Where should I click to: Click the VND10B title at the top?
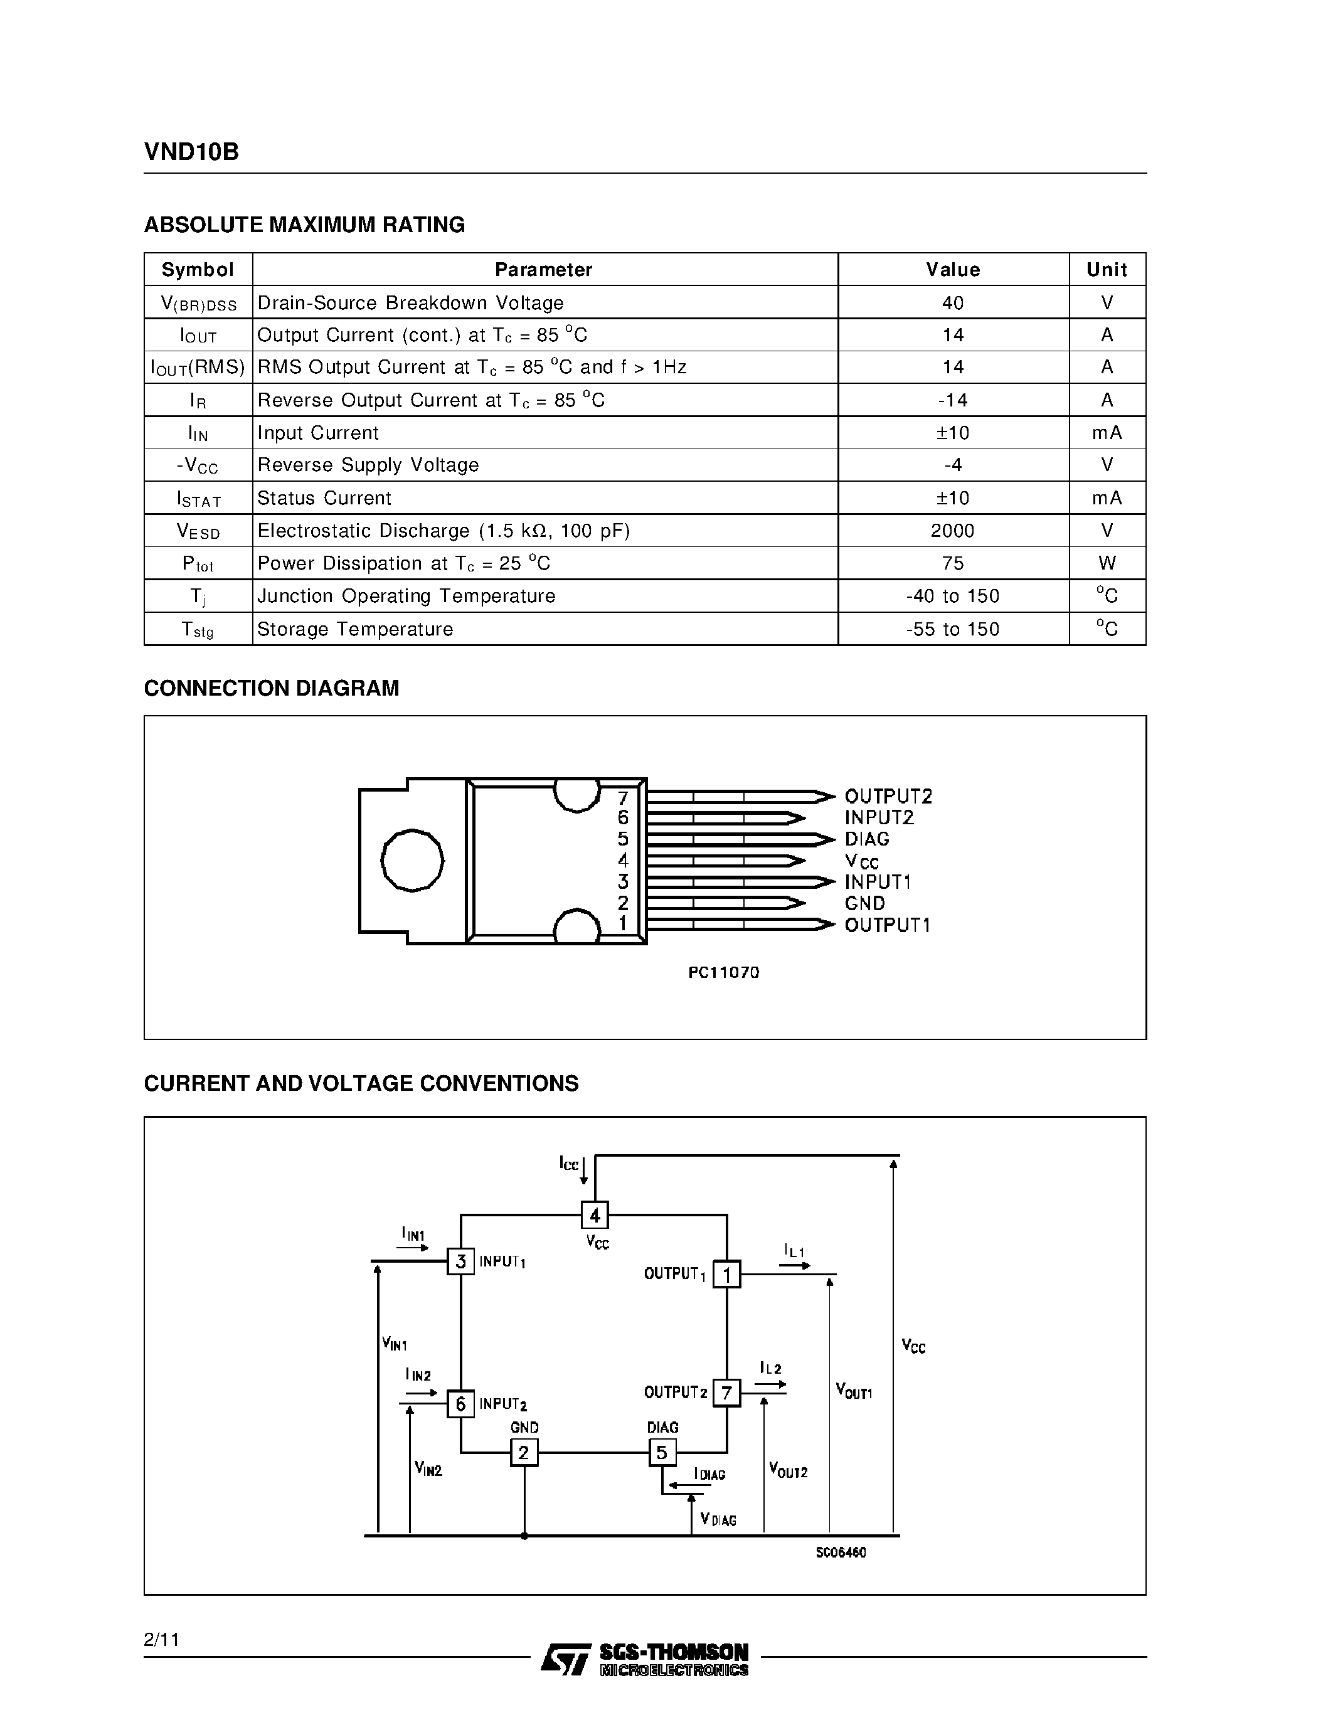(x=191, y=152)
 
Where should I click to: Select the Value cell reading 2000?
(x=952, y=531)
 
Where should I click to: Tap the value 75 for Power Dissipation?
(x=952, y=563)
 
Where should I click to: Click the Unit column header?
(x=1107, y=269)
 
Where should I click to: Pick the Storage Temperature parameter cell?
(x=355, y=630)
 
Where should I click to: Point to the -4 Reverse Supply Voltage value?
(x=952, y=465)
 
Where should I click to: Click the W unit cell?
(x=1107, y=563)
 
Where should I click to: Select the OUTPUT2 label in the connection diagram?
(x=888, y=796)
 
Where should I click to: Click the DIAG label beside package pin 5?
(x=867, y=839)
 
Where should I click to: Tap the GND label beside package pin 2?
(x=864, y=903)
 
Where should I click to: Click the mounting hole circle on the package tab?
(x=412, y=860)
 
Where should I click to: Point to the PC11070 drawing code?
(x=723, y=972)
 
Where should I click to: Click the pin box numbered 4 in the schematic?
(x=595, y=1216)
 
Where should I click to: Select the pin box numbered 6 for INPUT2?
(x=460, y=1404)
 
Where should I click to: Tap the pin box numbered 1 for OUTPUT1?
(x=726, y=1274)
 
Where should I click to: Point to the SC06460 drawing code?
(x=841, y=1552)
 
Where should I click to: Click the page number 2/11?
(x=162, y=1640)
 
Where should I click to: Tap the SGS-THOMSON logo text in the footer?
(x=674, y=1652)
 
